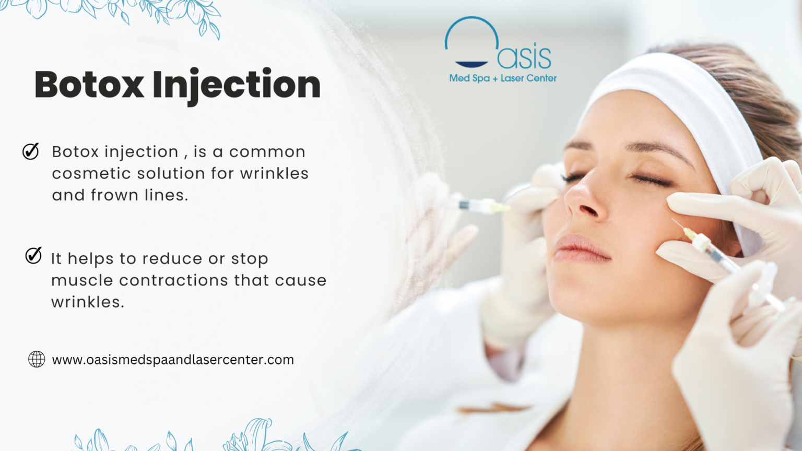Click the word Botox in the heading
tap(89, 85)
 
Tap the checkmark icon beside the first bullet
tap(31, 151)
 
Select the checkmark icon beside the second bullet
tap(33, 256)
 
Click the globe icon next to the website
tap(37, 359)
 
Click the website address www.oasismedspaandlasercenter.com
tap(173, 360)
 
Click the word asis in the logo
tap(524, 57)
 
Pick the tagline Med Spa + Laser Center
tap(503, 78)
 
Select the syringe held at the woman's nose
tap(478, 206)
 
